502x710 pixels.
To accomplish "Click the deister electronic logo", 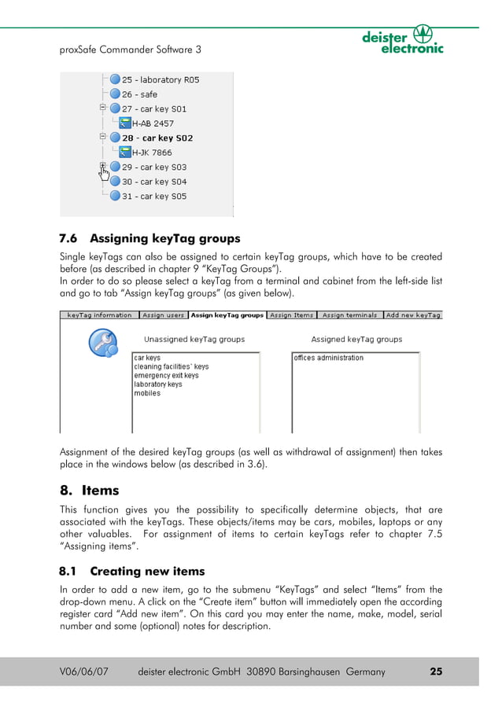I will point(402,39).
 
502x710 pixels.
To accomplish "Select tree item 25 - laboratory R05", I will point(160,79).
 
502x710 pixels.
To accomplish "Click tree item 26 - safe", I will point(139,94).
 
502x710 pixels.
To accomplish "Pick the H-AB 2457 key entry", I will point(153,123).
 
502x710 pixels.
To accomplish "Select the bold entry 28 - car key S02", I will point(157,138).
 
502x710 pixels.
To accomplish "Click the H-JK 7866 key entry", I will point(151,153).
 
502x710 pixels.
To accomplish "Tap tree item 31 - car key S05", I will point(153,196).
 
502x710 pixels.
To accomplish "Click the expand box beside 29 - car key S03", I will point(102,167).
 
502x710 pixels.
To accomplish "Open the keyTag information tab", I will point(99,315).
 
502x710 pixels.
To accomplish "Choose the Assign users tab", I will point(163,315).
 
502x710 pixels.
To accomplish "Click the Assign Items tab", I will point(291,315).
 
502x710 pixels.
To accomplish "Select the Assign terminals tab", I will point(349,315).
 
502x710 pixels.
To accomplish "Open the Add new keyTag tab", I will point(413,315).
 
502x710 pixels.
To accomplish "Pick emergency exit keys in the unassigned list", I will point(166,376).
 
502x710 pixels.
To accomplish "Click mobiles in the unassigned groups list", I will point(147,393).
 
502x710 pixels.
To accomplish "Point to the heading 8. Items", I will point(90,490).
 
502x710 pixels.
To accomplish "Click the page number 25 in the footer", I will point(436,671).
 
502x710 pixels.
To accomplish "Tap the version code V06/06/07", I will point(84,671).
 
